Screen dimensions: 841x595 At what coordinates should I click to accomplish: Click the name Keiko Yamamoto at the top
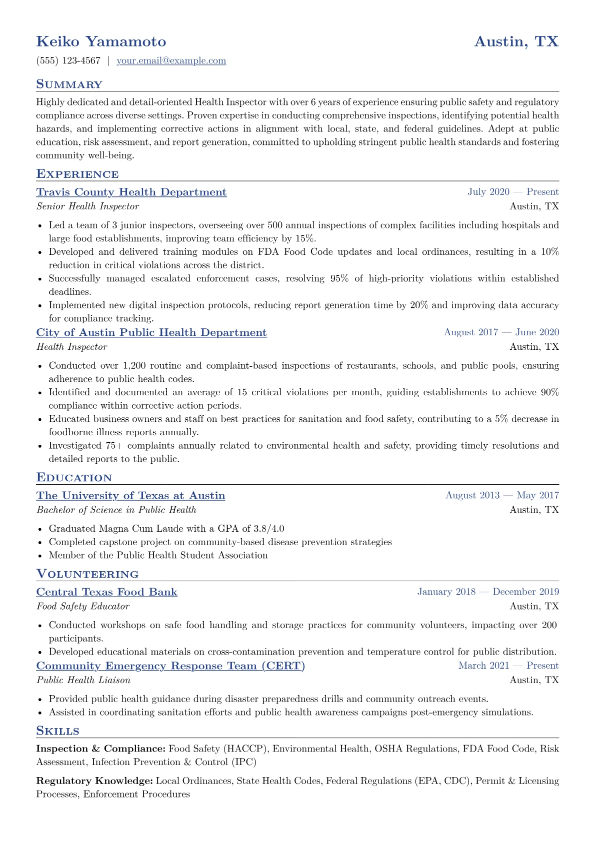click(101, 41)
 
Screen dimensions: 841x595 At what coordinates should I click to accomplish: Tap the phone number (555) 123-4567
click(68, 61)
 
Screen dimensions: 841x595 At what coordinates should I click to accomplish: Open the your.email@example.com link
click(171, 61)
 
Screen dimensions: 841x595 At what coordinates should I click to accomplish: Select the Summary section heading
click(69, 84)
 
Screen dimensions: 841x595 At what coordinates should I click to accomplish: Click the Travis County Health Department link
click(131, 192)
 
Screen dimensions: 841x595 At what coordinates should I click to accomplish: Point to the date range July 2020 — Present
click(513, 192)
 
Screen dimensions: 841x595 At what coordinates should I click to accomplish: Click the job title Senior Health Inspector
click(87, 206)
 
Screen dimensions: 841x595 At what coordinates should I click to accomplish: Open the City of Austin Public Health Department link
click(151, 333)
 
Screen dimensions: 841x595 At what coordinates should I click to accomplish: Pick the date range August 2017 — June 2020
click(501, 332)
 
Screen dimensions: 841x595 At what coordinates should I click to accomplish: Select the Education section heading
click(74, 478)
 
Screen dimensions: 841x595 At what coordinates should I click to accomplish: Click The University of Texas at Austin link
click(130, 496)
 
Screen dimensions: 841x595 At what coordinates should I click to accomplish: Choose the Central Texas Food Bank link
click(106, 592)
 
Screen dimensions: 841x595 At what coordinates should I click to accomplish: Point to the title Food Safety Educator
click(82, 607)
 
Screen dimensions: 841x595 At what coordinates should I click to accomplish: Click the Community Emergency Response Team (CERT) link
click(170, 666)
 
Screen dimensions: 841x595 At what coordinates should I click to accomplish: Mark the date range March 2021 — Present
click(508, 666)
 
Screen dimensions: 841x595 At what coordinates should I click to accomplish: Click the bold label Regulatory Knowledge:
click(94, 781)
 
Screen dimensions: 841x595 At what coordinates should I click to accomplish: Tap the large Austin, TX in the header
click(516, 41)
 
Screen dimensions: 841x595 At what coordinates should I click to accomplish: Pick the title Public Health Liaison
click(83, 681)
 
